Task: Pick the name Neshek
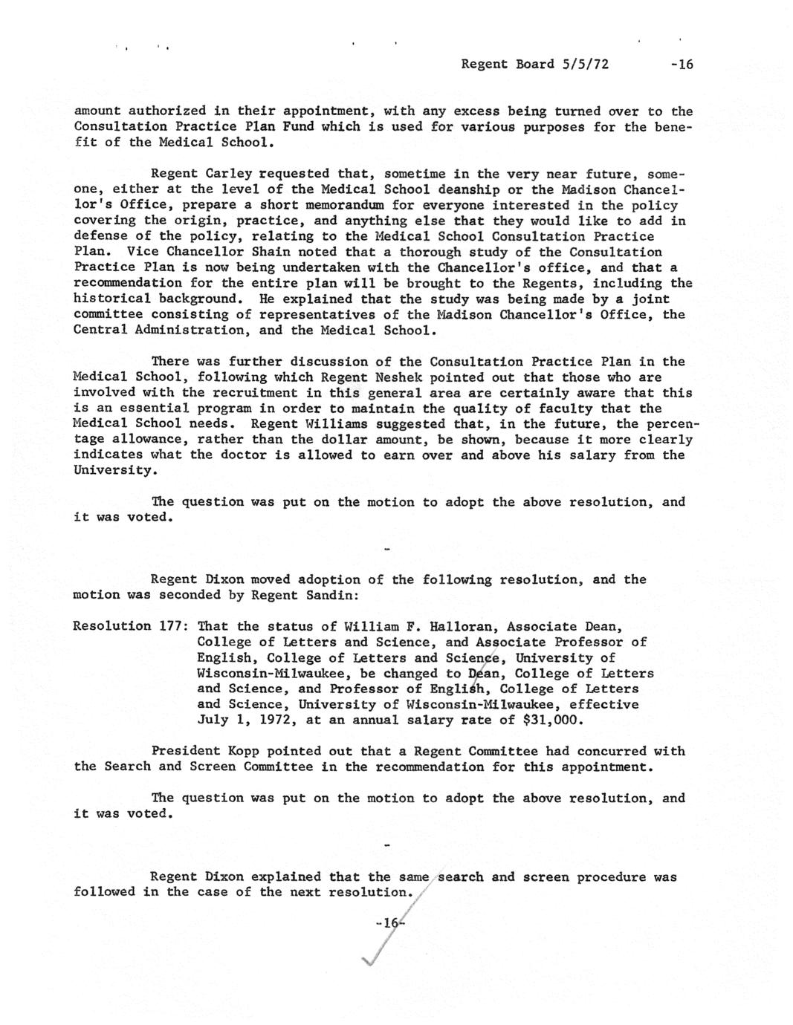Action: tap(398, 377)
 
